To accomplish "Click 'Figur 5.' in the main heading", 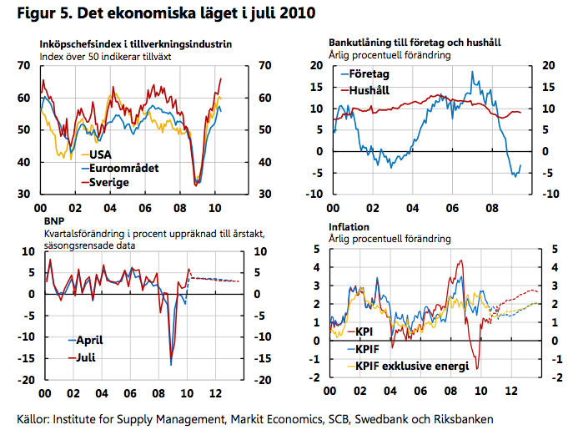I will click(40, 14).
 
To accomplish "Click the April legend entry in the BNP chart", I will click(89, 341).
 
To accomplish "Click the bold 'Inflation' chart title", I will click(349, 226).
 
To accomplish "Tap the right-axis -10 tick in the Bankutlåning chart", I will click(547, 194).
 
